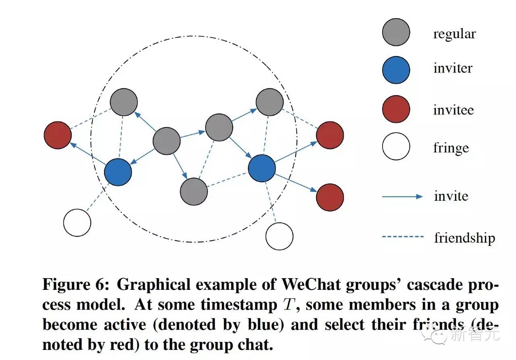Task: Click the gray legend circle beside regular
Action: tap(396, 32)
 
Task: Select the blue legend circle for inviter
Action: tap(396, 70)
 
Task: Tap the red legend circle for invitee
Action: tap(396, 109)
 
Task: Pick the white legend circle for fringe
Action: tap(396, 146)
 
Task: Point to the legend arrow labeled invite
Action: tap(402, 196)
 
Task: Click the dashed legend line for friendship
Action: tap(402, 237)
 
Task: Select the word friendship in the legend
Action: tap(464, 237)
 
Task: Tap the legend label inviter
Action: tap(453, 68)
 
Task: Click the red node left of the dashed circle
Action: tap(58, 135)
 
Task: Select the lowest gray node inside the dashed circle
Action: tap(194, 191)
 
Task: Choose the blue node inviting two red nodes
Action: tap(262, 169)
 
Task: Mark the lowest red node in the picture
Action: tap(330, 198)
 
